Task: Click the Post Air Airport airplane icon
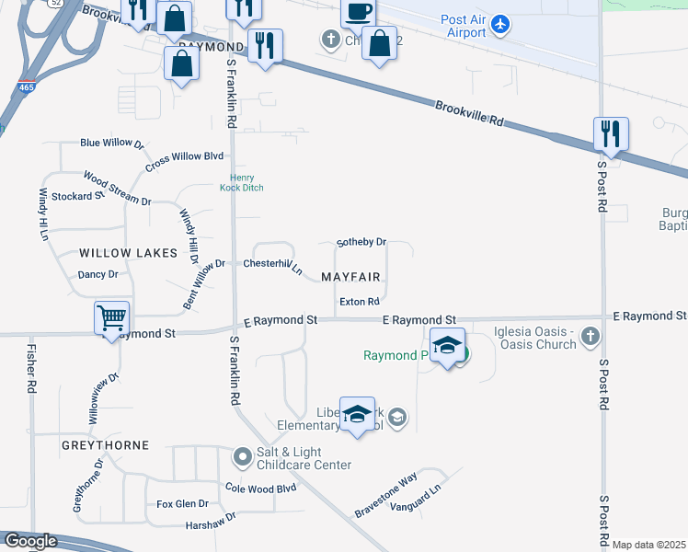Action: coord(499,23)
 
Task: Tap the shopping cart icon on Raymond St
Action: coord(112,318)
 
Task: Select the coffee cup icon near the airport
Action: coord(357,12)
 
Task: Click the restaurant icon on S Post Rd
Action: coord(611,133)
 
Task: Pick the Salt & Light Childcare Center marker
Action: coord(243,455)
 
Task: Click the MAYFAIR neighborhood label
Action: coord(350,277)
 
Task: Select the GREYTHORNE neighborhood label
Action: coord(105,445)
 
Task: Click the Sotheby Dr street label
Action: coord(361,242)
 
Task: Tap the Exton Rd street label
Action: coord(360,302)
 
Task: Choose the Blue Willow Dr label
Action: coord(112,144)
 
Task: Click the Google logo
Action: coord(29,542)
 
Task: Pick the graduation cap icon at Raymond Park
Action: coord(447,345)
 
